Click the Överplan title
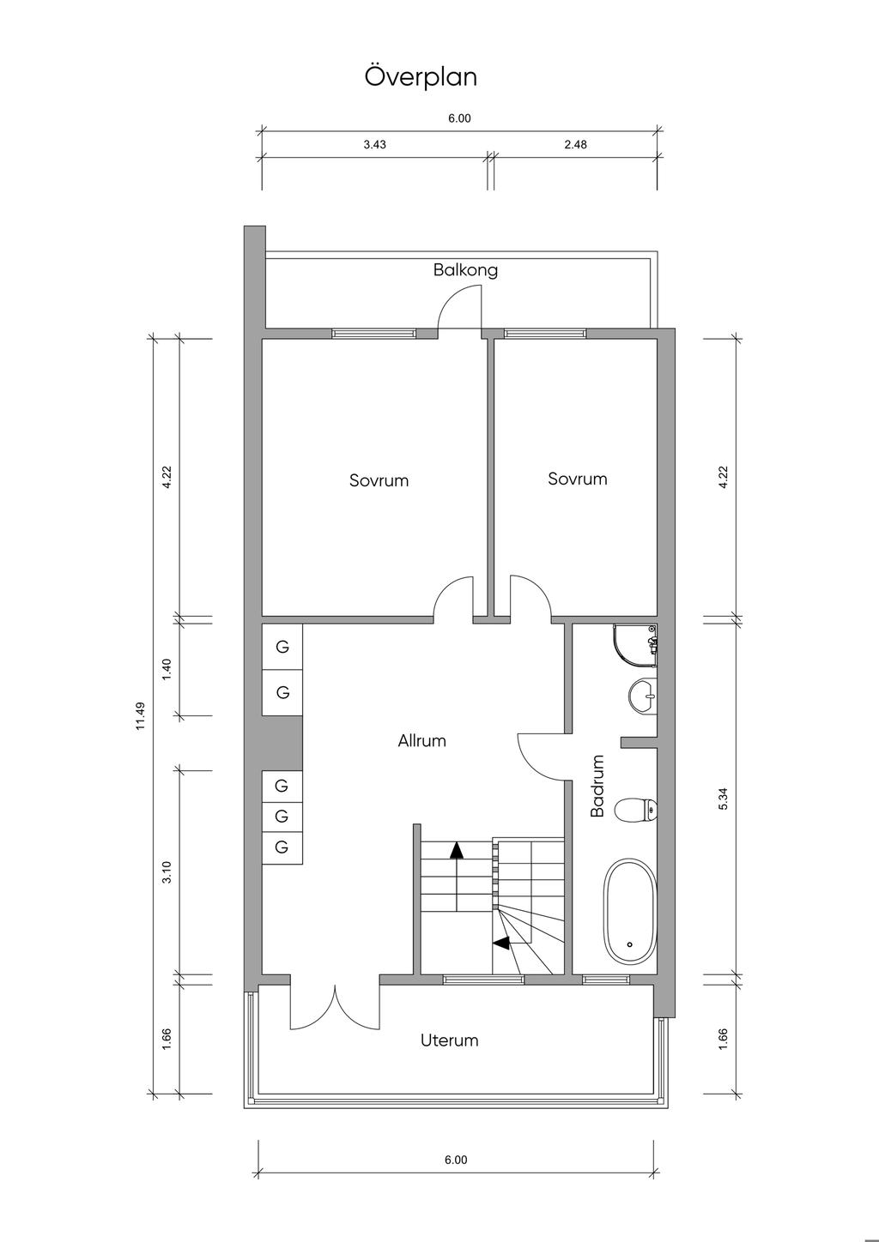[421, 76]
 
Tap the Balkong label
[465, 270]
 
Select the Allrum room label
[421, 741]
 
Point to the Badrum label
[597, 786]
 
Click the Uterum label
[450, 1040]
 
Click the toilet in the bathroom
[636, 810]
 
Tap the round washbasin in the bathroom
[643, 696]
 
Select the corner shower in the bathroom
[635, 645]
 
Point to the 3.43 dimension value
[374, 145]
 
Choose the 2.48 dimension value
[575, 145]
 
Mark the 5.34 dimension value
[723, 799]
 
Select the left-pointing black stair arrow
[501, 942]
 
